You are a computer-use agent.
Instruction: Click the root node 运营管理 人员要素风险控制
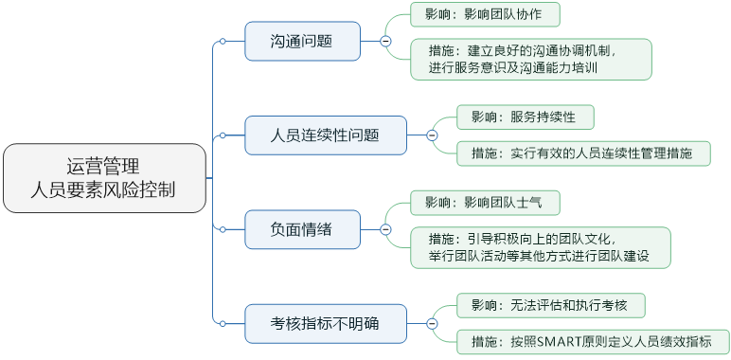(103, 177)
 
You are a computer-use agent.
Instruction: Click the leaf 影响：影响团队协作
(485, 14)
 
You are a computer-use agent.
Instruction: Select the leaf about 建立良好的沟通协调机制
(531, 59)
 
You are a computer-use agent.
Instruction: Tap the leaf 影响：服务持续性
(525, 117)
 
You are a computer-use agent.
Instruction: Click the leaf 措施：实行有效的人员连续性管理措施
(582, 153)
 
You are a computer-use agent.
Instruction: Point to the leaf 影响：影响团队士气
(485, 202)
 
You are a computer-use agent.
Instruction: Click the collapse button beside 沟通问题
(385, 41)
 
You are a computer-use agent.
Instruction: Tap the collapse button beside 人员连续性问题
(432, 135)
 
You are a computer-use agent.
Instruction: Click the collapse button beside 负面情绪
(385, 228)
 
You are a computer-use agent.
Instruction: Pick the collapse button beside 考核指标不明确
(432, 323)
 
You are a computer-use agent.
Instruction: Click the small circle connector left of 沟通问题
(222, 41)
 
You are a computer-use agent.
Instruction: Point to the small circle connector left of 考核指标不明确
(222, 323)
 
